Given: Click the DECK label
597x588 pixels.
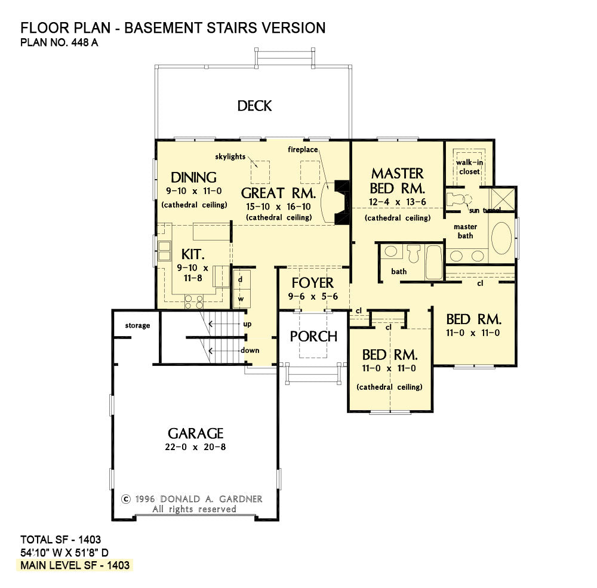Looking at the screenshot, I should [254, 106].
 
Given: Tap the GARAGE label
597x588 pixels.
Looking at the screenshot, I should [195, 433].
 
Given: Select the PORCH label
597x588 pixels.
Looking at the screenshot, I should [313, 336].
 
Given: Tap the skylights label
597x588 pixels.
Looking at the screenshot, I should [230, 156].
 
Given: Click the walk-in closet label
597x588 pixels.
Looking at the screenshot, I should [469, 167].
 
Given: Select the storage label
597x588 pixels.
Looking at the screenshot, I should [137, 325].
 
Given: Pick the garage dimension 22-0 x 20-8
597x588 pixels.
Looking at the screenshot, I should [195, 447].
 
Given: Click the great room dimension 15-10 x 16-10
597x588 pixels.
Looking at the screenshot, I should [278, 206].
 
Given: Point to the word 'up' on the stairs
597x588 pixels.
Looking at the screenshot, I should [247, 324].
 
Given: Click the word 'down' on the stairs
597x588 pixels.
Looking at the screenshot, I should [250, 350].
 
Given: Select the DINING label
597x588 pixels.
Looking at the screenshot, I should [193, 177].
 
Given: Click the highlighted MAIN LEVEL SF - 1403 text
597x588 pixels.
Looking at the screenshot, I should [76, 565].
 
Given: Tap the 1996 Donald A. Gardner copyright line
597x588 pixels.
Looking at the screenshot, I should [192, 498].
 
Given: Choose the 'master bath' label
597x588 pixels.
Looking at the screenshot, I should [465, 231].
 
